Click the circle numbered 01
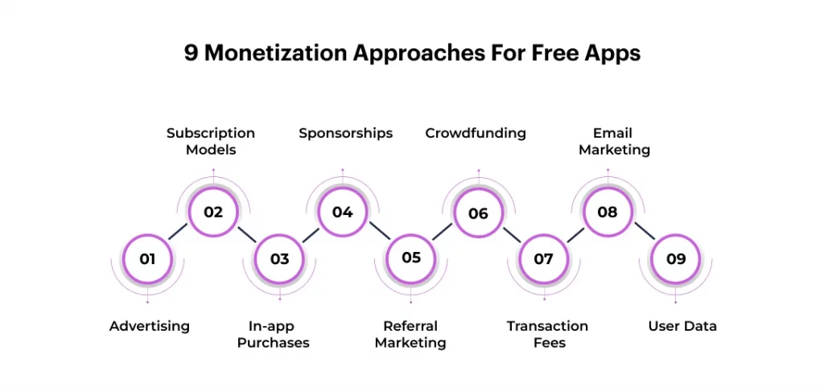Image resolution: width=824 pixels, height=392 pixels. point(147,259)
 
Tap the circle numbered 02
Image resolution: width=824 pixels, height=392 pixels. point(213,213)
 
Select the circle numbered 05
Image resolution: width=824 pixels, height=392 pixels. point(411,258)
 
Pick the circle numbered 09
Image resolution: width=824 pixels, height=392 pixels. point(676,259)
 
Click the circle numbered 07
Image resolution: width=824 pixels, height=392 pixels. point(544,259)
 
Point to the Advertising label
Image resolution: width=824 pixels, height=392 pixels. point(150,326)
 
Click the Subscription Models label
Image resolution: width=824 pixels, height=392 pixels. point(211,141)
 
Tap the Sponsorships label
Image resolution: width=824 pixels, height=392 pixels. point(346,133)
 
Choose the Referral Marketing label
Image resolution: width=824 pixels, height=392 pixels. point(410,334)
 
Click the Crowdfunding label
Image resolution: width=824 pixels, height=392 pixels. point(476,133)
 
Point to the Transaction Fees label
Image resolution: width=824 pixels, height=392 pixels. point(547,334)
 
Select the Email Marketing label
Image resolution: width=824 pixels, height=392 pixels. point(614,141)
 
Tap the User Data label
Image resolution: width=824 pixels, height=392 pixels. point(682,326)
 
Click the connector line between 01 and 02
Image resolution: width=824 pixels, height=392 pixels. point(180,236)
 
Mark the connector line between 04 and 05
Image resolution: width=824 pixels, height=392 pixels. point(377,235)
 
